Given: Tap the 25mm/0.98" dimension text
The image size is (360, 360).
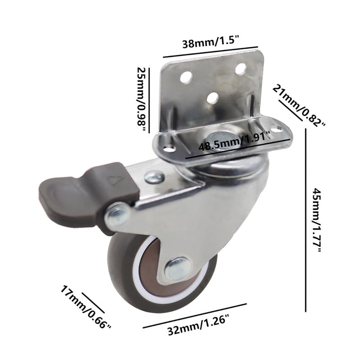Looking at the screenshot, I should pyautogui.click(x=142, y=99).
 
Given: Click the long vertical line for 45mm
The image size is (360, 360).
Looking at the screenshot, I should pyautogui.click(x=306, y=220).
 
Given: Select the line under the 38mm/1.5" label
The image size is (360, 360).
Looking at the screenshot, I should pyautogui.click(x=210, y=52).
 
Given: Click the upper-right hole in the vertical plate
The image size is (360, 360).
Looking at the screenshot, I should pyautogui.click(x=241, y=69).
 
